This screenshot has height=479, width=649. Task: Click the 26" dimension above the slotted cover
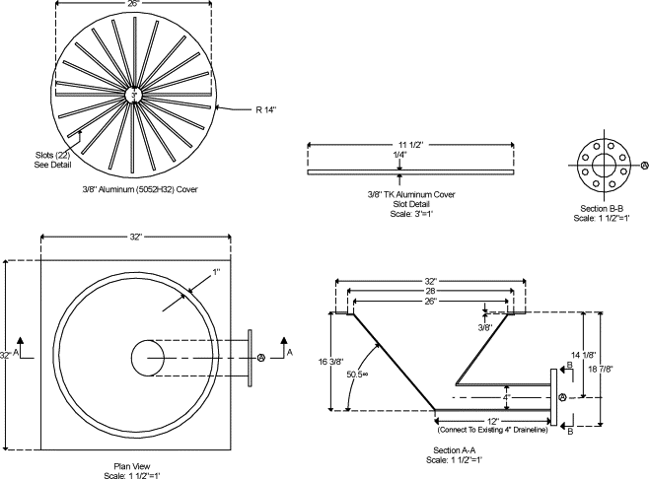132,3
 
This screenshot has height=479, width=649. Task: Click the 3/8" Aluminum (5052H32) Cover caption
134,188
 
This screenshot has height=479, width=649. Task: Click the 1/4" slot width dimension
398,157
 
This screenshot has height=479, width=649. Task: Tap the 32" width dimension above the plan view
136,238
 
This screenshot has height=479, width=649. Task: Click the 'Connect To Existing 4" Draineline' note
485,430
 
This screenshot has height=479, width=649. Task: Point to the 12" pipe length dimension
486,421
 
